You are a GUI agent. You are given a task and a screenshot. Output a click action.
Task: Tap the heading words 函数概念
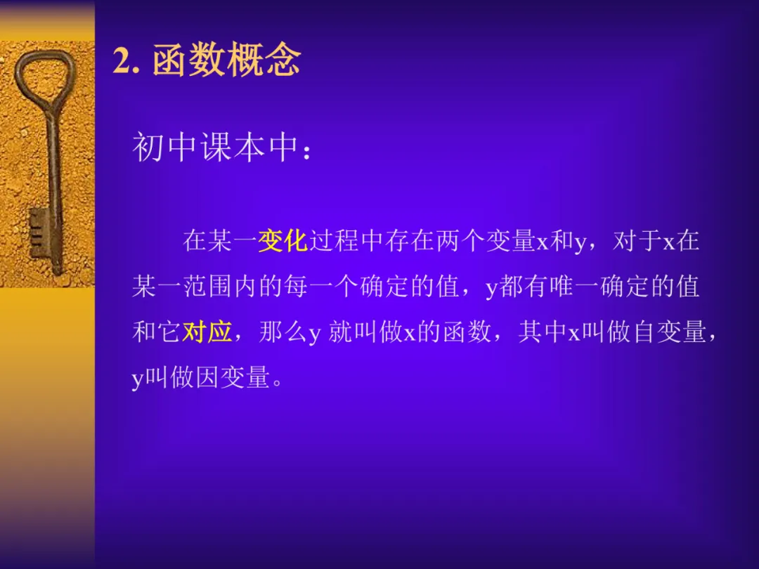[226, 61]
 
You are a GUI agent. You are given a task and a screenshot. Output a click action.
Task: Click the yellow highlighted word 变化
[283, 241]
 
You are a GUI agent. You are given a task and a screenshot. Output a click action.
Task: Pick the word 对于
[636, 241]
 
